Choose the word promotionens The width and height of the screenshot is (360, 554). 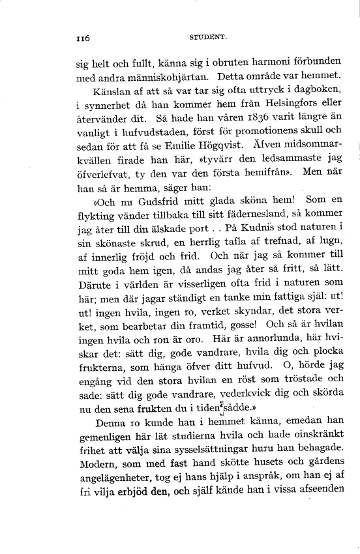258,139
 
